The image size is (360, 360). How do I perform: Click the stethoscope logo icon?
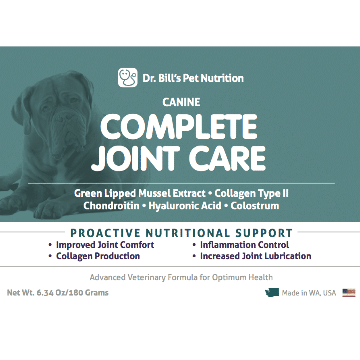coord(128,77)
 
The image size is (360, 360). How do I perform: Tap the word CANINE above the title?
coord(181,102)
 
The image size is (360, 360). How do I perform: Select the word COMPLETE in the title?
coord(179,127)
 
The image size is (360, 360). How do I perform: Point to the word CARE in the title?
coord(227,158)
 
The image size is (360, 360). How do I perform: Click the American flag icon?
coord(349,293)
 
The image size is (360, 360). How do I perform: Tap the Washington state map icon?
coord(272,293)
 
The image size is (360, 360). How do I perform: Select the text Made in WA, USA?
coord(309,293)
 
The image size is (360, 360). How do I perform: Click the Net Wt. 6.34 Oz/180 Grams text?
coord(58,293)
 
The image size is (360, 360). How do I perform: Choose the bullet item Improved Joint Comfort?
coord(105,245)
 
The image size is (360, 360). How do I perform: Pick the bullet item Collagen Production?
coord(98,256)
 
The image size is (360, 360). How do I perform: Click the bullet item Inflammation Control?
coord(245,245)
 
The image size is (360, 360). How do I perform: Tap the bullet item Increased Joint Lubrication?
coord(256,256)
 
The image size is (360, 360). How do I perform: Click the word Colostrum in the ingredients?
coord(255,206)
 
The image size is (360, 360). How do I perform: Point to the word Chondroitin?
coord(111,206)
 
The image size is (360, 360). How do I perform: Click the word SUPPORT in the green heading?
coord(264,233)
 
